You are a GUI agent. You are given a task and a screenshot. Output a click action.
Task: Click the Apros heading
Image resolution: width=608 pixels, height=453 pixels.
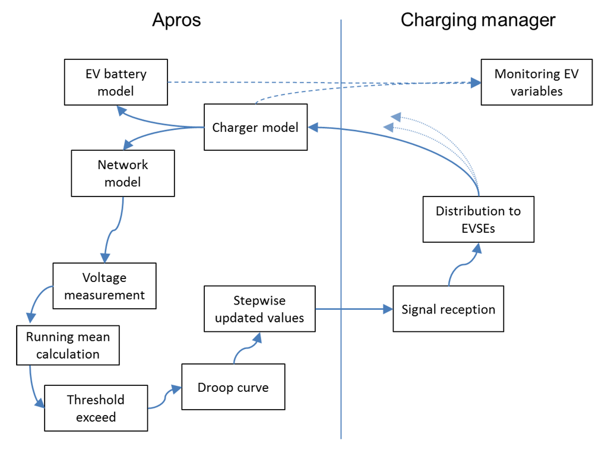176,20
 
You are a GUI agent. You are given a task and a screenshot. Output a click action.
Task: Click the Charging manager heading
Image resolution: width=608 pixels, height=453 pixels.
478,20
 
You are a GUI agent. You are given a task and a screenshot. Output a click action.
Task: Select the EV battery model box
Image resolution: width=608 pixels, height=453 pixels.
116,83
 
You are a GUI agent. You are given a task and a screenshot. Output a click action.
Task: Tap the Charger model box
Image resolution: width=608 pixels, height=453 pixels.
255,127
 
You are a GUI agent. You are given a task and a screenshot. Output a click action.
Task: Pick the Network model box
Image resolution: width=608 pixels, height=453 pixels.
123,173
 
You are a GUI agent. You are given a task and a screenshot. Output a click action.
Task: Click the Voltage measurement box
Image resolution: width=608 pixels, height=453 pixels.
104,286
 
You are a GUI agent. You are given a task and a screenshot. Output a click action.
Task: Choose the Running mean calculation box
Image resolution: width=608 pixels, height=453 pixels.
68,345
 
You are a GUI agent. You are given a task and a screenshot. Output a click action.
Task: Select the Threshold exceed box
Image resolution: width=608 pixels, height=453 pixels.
96,408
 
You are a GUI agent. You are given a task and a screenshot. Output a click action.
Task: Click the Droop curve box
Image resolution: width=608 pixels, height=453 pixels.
233,387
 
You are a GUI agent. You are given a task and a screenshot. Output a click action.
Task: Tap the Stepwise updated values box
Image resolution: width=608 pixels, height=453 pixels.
259,309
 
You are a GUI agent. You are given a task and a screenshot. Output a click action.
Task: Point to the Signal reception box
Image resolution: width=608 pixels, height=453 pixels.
448,309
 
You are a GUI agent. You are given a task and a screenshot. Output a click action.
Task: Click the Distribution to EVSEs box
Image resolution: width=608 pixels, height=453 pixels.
478,219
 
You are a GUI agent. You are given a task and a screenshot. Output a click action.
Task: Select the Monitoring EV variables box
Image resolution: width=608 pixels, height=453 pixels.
536,82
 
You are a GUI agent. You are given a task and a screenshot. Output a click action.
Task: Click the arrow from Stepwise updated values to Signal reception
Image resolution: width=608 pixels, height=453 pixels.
353,309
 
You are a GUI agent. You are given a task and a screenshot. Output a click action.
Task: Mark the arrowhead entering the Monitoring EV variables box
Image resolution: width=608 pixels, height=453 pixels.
475,83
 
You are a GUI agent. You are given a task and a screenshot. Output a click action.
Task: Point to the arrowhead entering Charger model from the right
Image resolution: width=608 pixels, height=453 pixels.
313,126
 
